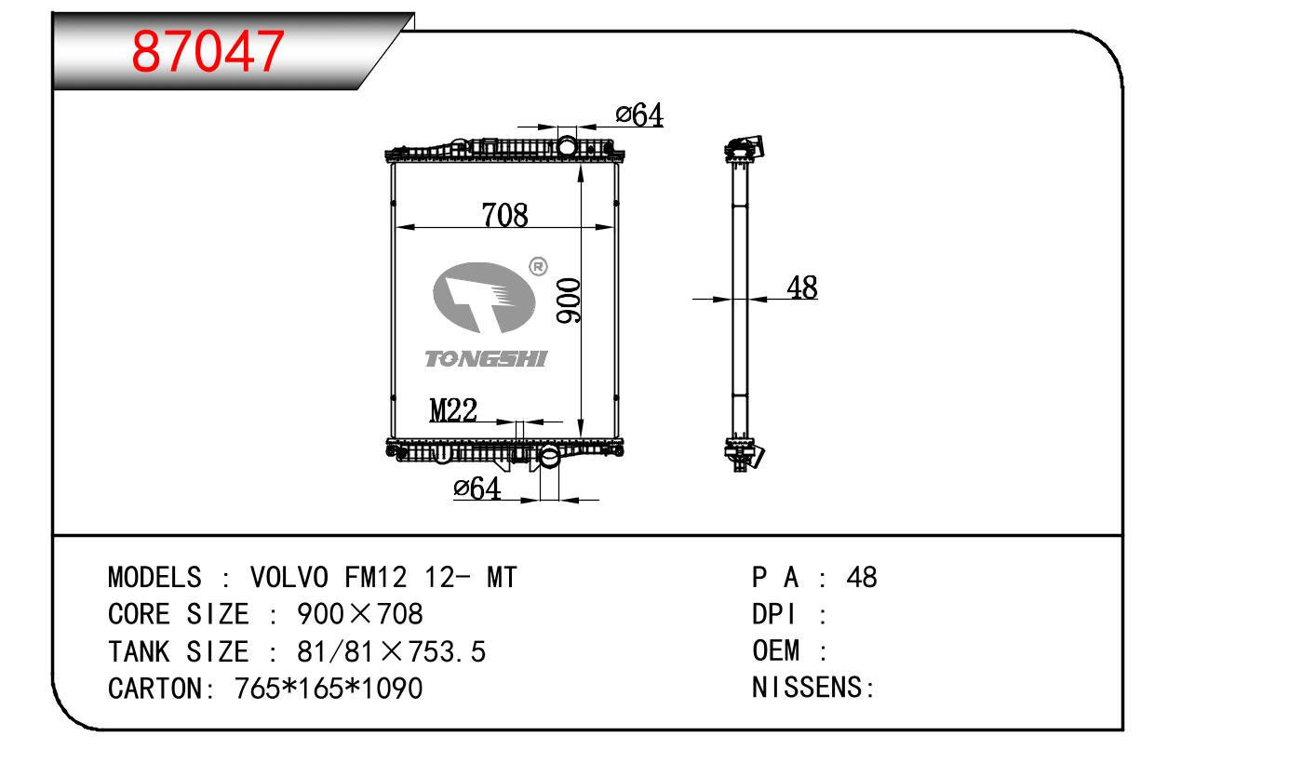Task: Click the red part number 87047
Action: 208,52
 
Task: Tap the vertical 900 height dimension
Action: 569,301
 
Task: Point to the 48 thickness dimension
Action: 802,288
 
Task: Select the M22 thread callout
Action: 453,410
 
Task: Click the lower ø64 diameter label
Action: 477,488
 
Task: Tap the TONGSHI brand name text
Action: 486,358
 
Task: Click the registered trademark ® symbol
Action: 538,267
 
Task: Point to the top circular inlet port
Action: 567,146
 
